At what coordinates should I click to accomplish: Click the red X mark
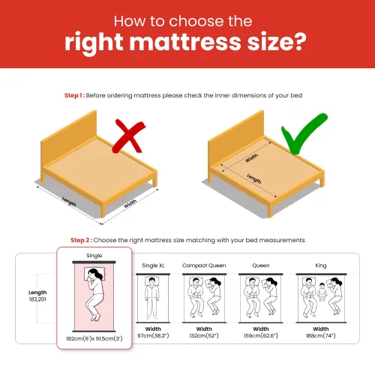tap(129, 136)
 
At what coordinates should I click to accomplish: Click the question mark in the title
tap(297, 42)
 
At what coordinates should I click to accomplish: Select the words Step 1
tap(73, 95)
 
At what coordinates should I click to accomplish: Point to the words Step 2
tap(80, 240)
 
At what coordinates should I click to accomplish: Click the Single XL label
tap(153, 265)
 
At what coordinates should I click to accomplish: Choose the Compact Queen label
tap(204, 265)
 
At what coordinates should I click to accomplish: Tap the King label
tap(321, 265)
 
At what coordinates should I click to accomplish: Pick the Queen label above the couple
tap(261, 265)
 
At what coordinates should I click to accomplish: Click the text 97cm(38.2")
tap(153, 335)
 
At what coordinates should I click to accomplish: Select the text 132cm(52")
tap(204, 335)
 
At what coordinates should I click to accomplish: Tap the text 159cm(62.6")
tap(261, 335)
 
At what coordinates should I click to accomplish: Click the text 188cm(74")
tap(321, 335)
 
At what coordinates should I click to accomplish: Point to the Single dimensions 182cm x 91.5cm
tap(94, 339)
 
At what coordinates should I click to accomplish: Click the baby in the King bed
tap(322, 292)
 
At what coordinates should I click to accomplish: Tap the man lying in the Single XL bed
tap(152, 298)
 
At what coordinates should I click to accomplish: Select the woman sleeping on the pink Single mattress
tap(95, 294)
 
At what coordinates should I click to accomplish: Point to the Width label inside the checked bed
tap(251, 158)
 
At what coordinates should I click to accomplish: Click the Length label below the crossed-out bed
tap(69, 202)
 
